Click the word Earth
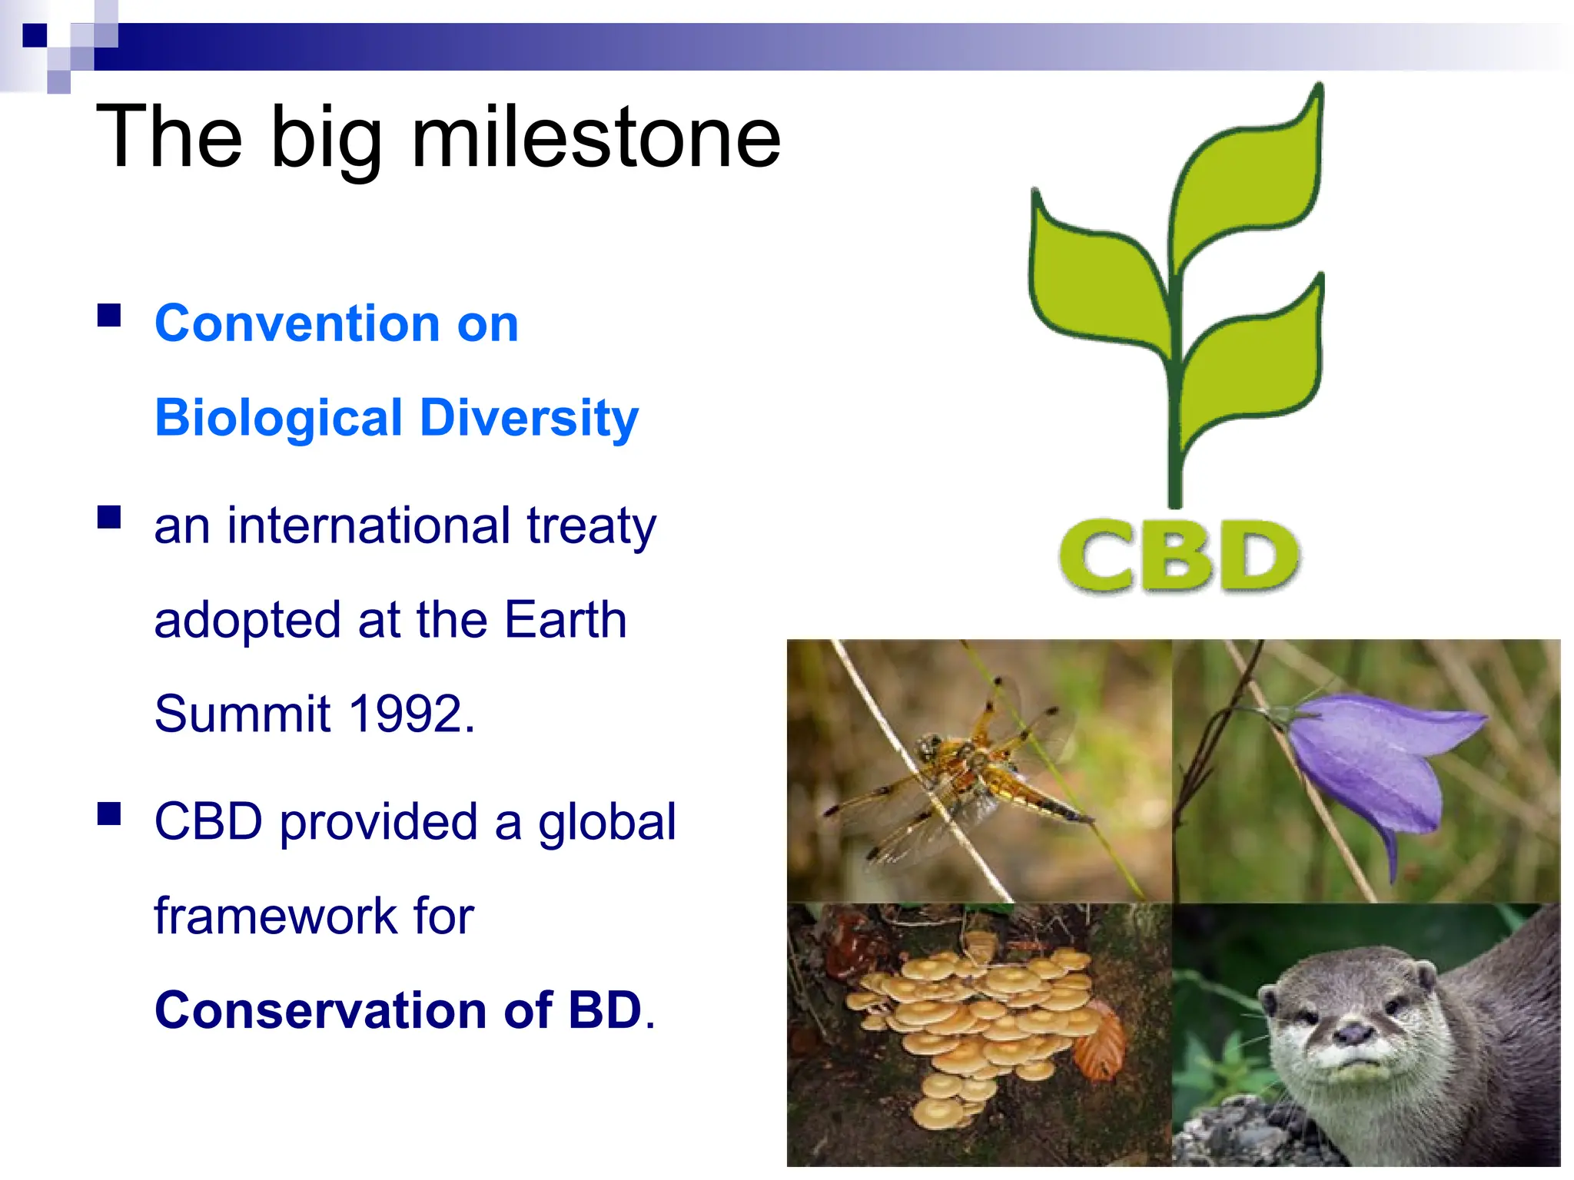point(566,620)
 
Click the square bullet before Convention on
point(109,316)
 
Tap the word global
point(606,822)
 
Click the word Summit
point(242,714)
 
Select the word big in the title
point(326,138)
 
